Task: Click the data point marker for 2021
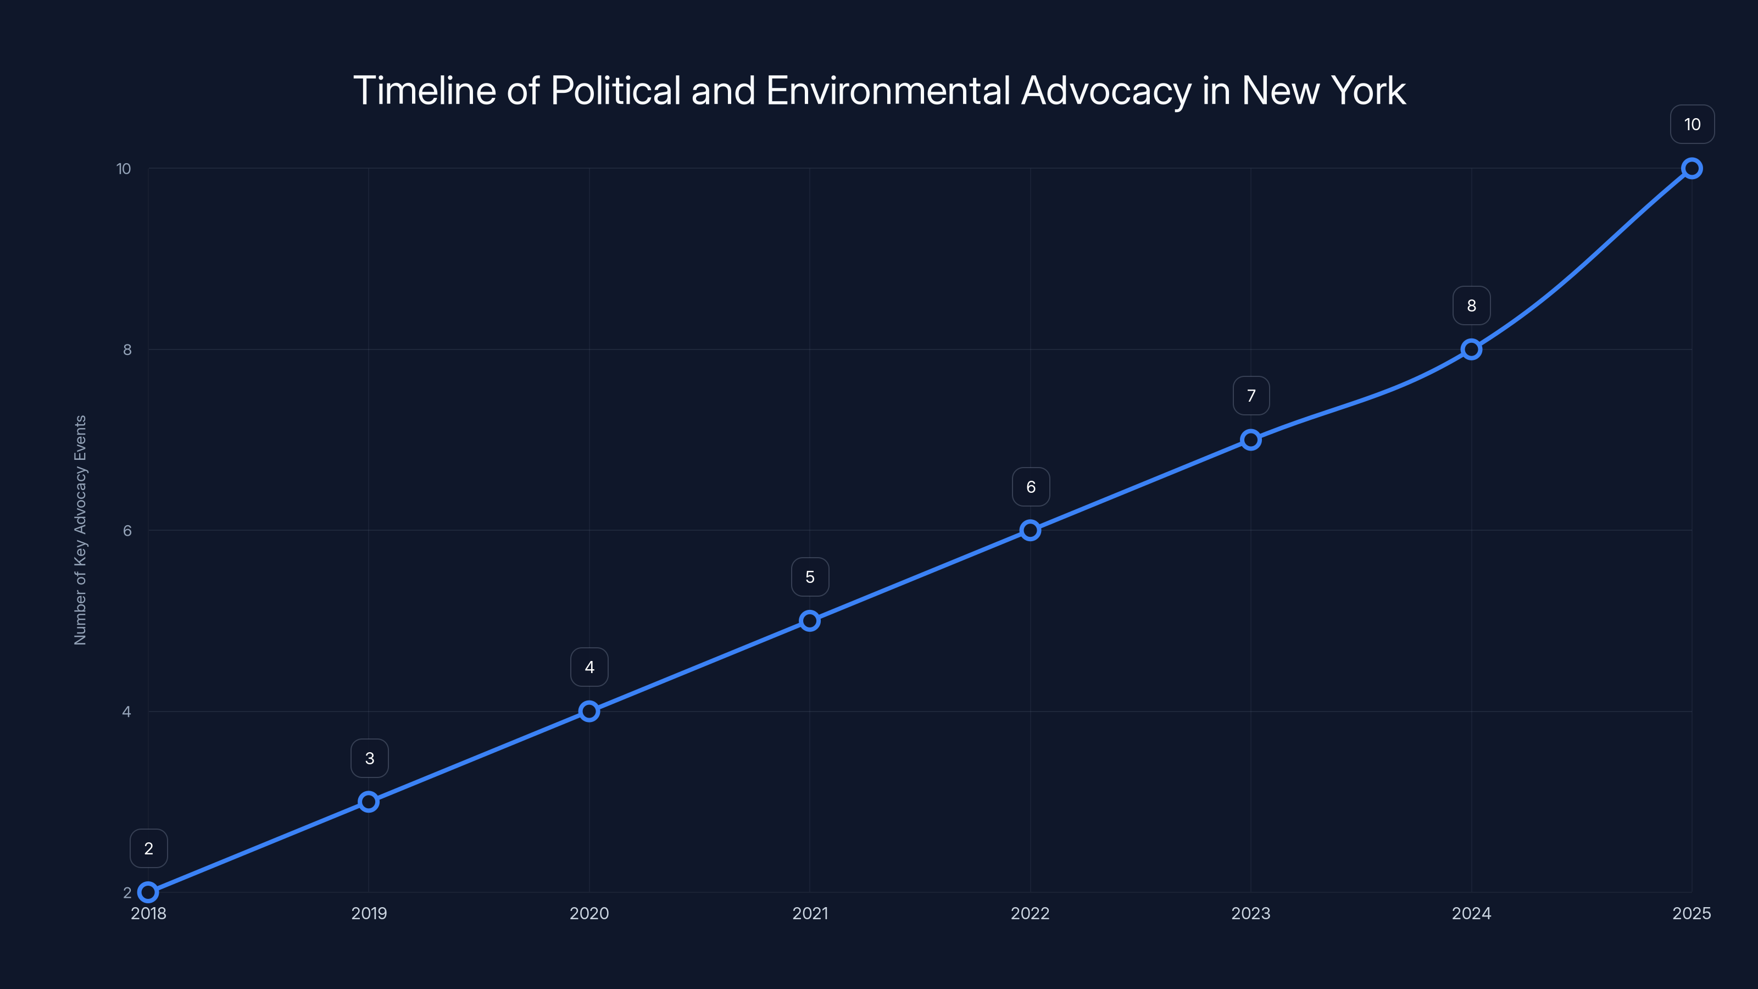pyautogui.click(x=809, y=620)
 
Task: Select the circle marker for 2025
pyautogui.click(x=1692, y=168)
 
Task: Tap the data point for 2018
pyautogui.click(x=148, y=892)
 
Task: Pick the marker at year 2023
pyautogui.click(x=1251, y=440)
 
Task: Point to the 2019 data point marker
pyautogui.click(x=369, y=801)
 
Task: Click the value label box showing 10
pyautogui.click(x=1692, y=124)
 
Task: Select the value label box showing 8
pyautogui.click(x=1471, y=306)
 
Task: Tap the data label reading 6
pyautogui.click(x=1031, y=487)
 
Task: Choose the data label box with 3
pyautogui.click(x=369, y=758)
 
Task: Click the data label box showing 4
pyautogui.click(x=589, y=667)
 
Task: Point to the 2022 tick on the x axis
pyautogui.click(x=1030, y=913)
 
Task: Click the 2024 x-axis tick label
pyautogui.click(x=1471, y=913)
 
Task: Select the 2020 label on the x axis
pyautogui.click(x=589, y=913)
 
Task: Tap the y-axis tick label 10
pyautogui.click(x=124, y=169)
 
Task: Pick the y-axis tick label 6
pyautogui.click(x=127, y=530)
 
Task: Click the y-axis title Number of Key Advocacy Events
pyautogui.click(x=81, y=530)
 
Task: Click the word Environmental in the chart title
pyautogui.click(x=888, y=90)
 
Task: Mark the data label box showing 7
pyautogui.click(x=1251, y=396)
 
